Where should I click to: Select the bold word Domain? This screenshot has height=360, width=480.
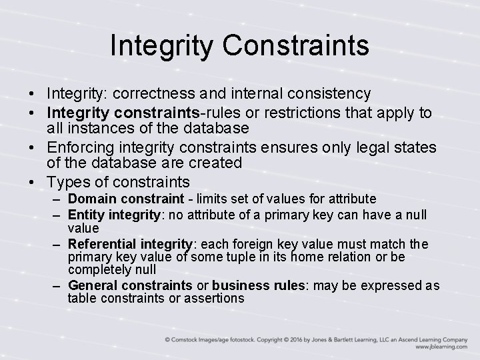(91, 199)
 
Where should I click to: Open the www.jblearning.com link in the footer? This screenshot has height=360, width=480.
(441, 347)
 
